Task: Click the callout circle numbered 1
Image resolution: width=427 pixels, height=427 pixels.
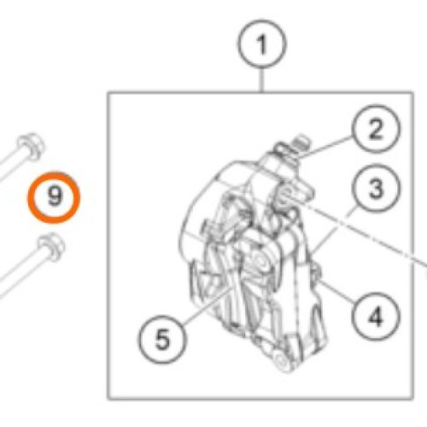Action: pyautogui.click(x=262, y=44)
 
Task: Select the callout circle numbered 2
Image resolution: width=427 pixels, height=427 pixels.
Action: pyautogui.click(x=376, y=129)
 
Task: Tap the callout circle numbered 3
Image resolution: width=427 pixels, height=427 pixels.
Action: pyautogui.click(x=376, y=189)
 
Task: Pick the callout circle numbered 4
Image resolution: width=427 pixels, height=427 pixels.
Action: pyautogui.click(x=376, y=317)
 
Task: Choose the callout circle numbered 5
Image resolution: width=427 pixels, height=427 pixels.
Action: pyautogui.click(x=162, y=339)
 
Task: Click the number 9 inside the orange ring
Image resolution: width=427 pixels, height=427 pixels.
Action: pyautogui.click(x=55, y=196)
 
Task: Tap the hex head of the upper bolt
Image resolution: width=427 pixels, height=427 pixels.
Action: pyautogui.click(x=31, y=146)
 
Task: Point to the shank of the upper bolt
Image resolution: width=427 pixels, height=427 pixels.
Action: pyautogui.click(x=11, y=166)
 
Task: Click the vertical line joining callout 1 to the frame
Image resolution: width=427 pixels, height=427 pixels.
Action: pyautogui.click(x=262, y=80)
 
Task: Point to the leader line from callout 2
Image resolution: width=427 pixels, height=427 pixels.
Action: pyautogui.click(x=325, y=147)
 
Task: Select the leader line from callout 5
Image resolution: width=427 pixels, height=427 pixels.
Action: pyautogui.click(x=208, y=306)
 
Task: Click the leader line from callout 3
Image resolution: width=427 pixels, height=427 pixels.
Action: pyautogui.click(x=334, y=230)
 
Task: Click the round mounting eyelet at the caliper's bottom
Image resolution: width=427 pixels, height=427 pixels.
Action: pyautogui.click(x=283, y=361)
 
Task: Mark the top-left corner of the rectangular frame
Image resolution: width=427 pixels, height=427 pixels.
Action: pyautogui.click(x=108, y=93)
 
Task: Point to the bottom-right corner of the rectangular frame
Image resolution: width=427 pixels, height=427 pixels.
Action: pyautogui.click(x=412, y=398)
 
